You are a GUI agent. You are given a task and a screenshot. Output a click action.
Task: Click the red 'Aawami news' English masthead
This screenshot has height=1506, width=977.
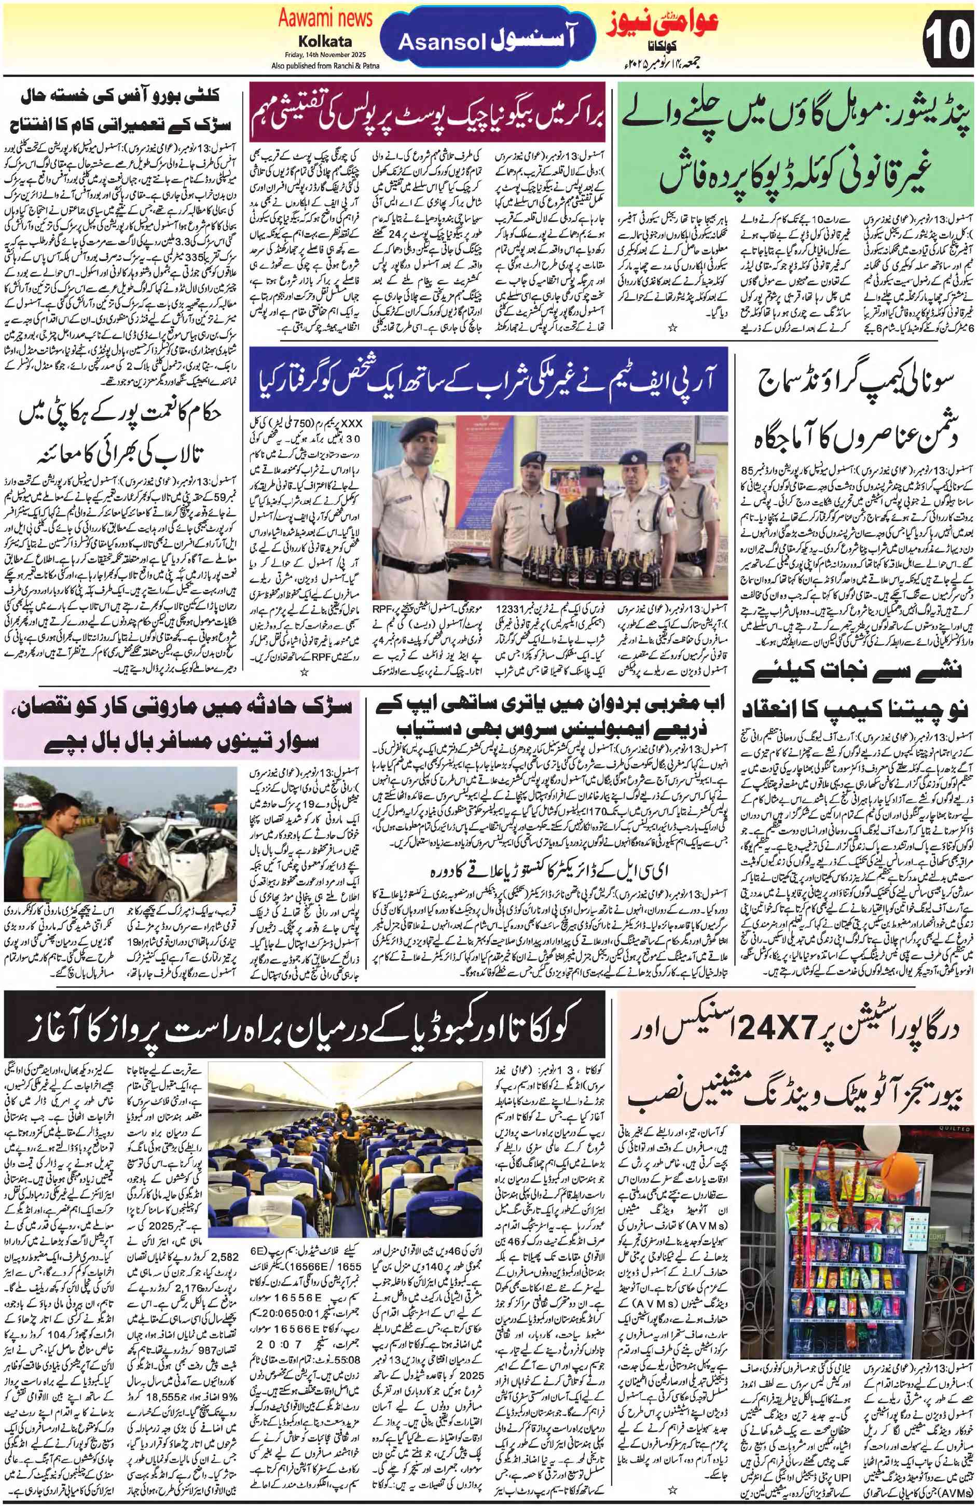(325, 19)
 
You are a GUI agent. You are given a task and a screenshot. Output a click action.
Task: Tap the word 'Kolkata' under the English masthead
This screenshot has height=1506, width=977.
(325, 42)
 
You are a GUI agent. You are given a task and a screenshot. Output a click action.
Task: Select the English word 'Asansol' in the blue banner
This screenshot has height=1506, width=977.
(442, 43)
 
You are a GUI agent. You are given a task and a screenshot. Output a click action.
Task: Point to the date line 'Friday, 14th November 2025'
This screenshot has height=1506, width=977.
(325, 55)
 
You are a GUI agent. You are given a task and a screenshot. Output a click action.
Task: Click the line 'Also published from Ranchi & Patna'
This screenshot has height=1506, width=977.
(325, 65)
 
